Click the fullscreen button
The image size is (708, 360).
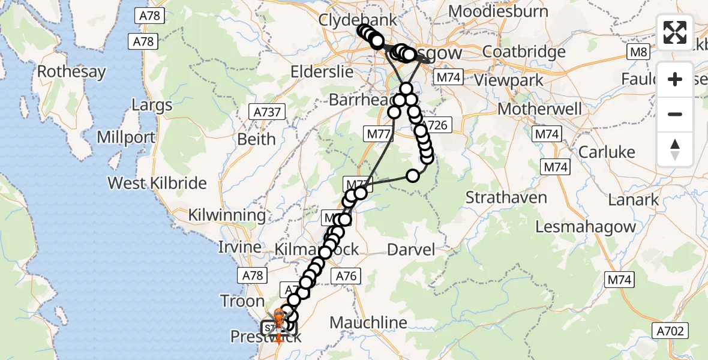(x=675, y=32)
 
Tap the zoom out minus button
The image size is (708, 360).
(x=675, y=114)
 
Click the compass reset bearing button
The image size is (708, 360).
(x=675, y=149)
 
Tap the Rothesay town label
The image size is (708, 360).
(x=71, y=72)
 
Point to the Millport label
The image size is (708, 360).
(x=126, y=137)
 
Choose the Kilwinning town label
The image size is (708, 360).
(x=227, y=215)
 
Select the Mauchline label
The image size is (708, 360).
(x=368, y=323)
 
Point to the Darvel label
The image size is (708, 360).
(x=411, y=250)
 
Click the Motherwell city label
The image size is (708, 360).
(x=540, y=109)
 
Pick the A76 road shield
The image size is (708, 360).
(x=346, y=277)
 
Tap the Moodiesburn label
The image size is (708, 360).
(x=498, y=11)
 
